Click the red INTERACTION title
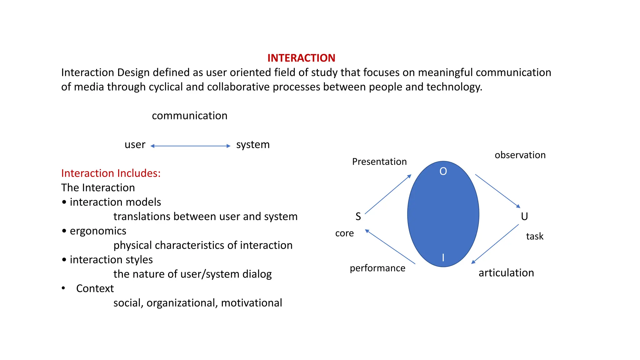click(x=301, y=58)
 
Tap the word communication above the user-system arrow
click(x=189, y=116)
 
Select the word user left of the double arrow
click(x=135, y=145)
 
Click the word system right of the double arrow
click(x=252, y=145)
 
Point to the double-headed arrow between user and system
click(x=190, y=146)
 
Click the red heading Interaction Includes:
click(x=111, y=173)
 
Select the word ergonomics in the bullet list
click(x=98, y=231)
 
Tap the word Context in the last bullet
click(x=95, y=288)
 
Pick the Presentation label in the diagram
click(x=379, y=162)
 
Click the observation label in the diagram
click(x=520, y=155)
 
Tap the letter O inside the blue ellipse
click(x=443, y=171)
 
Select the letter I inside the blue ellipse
click(x=443, y=257)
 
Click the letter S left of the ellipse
click(x=358, y=216)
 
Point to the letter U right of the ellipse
click(x=524, y=216)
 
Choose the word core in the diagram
click(x=344, y=233)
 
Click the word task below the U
click(x=534, y=236)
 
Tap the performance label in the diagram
click(x=377, y=268)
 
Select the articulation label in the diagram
click(x=506, y=273)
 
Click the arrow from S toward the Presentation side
click(x=388, y=194)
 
